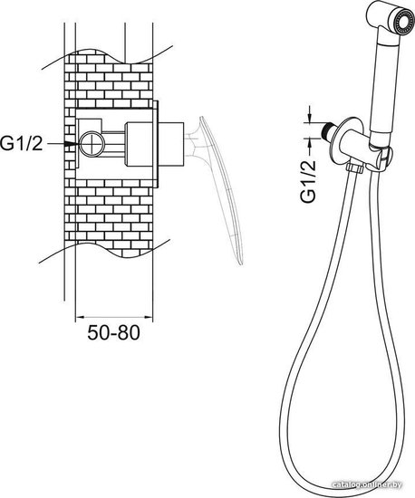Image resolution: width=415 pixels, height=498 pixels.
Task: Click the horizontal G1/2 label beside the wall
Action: (x=21, y=144)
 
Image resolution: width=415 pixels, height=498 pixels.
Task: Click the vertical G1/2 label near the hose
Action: (x=309, y=181)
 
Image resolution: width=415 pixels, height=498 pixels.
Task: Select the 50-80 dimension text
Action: (x=114, y=333)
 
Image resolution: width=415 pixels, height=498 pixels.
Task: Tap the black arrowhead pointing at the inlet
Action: (x=72, y=144)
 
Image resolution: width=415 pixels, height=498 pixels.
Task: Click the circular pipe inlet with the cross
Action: (x=92, y=144)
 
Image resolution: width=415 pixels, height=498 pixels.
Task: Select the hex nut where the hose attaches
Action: (x=355, y=168)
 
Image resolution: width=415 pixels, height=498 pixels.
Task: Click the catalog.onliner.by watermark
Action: (x=366, y=484)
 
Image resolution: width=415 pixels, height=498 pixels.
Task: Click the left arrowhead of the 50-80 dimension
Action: (x=79, y=317)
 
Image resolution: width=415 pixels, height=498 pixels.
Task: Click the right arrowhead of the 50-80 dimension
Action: (x=149, y=317)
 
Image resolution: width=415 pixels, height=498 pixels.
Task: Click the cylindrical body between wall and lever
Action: (x=171, y=144)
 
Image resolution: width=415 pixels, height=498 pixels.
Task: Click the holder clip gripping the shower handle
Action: (x=381, y=157)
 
